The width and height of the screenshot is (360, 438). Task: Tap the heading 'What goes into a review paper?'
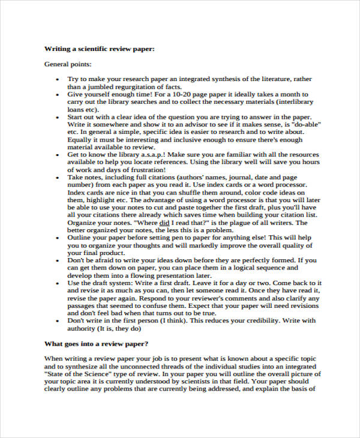97,344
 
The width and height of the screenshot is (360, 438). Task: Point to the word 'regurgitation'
130,86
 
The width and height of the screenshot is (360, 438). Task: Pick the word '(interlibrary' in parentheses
291,103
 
